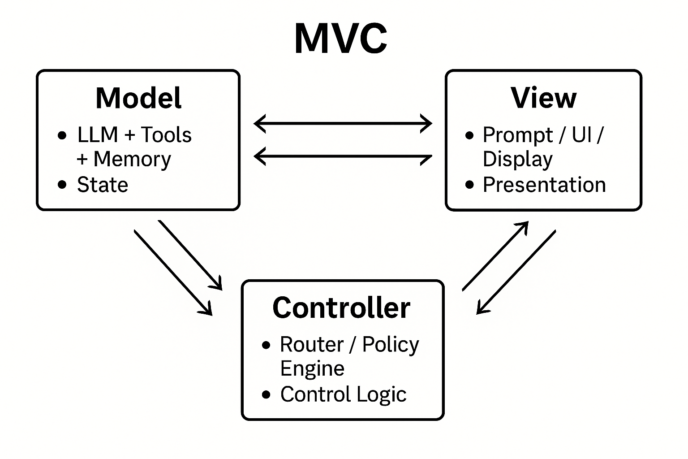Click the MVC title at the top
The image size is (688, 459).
(x=341, y=39)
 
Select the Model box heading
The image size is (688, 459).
(x=138, y=98)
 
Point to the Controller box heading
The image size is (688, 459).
(x=341, y=308)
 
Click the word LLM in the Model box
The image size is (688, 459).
(x=97, y=135)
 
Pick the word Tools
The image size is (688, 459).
(x=166, y=135)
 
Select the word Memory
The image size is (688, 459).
(x=132, y=160)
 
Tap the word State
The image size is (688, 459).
(x=103, y=185)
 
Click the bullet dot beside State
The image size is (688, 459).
(x=62, y=185)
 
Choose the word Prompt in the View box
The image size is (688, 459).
(x=518, y=135)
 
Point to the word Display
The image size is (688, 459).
(x=517, y=160)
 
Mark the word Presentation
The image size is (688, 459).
(x=544, y=185)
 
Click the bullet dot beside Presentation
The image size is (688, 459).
(x=469, y=185)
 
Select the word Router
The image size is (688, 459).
(x=312, y=345)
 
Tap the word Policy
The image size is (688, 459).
(x=391, y=345)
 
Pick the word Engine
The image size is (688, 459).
(x=312, y=369)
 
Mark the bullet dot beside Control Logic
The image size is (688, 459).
(x=267, y=394)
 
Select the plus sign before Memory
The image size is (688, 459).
(x=82, y=160)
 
